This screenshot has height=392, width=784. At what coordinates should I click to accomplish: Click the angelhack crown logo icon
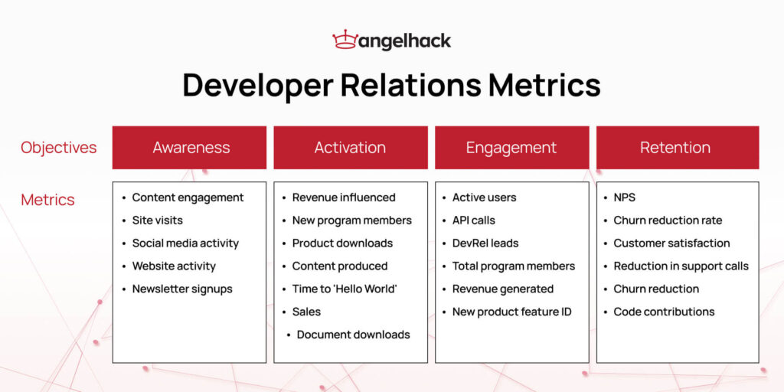345,40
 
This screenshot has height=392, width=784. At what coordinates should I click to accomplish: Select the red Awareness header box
190,148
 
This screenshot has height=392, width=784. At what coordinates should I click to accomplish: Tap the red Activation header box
350,148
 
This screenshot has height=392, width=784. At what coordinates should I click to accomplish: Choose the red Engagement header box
511,148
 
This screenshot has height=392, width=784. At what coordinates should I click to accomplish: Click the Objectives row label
59,148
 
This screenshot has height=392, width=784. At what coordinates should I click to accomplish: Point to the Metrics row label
47,200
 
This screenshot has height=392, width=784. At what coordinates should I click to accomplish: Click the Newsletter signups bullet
181,289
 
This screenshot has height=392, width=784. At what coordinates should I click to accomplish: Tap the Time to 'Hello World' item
345,289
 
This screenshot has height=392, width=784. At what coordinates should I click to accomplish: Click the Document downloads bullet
353,335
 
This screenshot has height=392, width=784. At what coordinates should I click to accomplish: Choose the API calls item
473,220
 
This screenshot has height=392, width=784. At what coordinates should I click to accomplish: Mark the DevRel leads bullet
485,243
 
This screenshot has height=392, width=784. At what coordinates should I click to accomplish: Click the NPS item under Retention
624,198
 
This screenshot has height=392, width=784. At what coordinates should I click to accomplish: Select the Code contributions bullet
663,312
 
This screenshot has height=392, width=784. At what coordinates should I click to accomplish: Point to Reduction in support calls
681,266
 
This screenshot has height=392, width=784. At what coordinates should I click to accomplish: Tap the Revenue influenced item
344,198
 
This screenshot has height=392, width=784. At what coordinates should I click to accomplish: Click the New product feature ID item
511,312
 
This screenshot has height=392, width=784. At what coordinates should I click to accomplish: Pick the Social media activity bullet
185,243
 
